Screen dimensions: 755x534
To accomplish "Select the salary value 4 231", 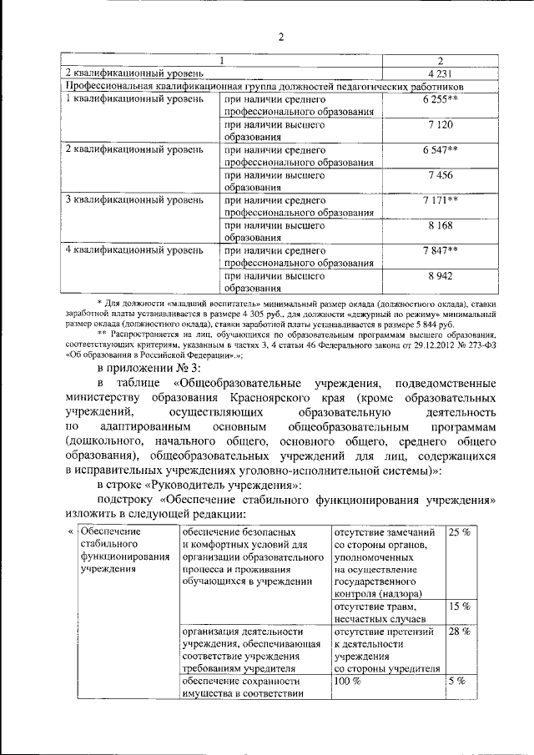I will pyautogui.click(x=439, y=73).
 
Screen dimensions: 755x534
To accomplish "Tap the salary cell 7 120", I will pyautogui.click(x=439, y=124).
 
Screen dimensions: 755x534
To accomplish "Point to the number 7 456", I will pyautogui.click(x=439, y=174).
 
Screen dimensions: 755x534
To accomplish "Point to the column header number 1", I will pyautogui.click(x=222, y=61).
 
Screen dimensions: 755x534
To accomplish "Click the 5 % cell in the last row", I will pyautogui.click(x=457, y=682).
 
